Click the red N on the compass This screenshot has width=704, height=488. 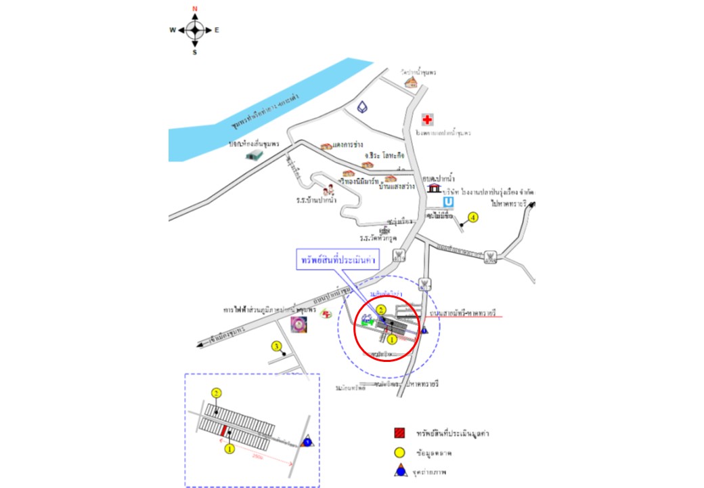(x=194, y=9)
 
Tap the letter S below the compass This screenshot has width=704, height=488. (x=194, y=52)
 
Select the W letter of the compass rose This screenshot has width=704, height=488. (x=173, y=30)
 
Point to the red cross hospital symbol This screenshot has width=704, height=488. (x=427, y=120)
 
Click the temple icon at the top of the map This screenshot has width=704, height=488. (x=410, y=82)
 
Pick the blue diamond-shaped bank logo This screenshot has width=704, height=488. (x=364, y=108)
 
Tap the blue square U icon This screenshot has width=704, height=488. (x=447, y=202)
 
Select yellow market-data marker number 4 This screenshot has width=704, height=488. (x=473, y=218)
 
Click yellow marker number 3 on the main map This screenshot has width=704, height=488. (x=276, y=346)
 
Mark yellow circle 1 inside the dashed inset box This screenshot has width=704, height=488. (x=229, y=448)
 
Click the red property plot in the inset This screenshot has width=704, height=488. (x=223, y=430)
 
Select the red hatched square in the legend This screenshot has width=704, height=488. (x=400, y=432)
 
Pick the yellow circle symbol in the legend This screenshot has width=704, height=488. (x=400, y=451)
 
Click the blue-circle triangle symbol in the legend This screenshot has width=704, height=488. (x=400, y=470)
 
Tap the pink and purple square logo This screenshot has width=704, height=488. (x=297, y=324)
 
